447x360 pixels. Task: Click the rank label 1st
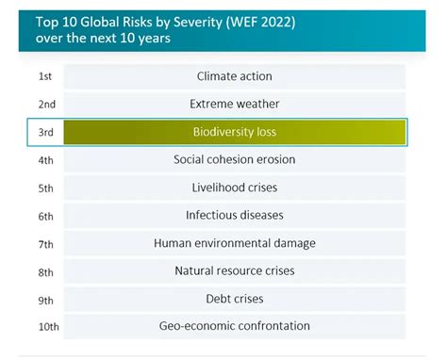[x=45, y=76]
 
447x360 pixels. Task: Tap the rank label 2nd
[x=46, y=105]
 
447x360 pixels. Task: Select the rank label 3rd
[x=45, y=133]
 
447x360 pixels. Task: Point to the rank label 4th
[x=45, y=160]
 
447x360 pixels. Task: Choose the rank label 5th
[x=45, y=188]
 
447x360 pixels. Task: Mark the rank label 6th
[x=45, y=216]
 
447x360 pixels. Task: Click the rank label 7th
[x=45, y=243]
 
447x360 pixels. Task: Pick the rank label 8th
[x=45, y=271]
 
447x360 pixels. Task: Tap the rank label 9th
[x=45, y=299]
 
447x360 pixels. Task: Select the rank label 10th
[x=48, y=327]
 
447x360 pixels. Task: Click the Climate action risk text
[x=234, y=76]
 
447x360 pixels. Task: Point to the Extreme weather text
[x=234, y=104]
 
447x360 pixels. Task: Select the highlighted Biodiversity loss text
[x=234, y=132]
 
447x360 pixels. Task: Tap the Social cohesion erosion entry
[x=234, y=159]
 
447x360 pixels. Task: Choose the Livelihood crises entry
[x=234, y=188]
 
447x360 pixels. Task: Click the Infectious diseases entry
[x=234, y=215]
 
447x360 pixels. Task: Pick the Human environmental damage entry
[x=234, y=243]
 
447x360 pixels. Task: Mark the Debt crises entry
[x=234, y=299]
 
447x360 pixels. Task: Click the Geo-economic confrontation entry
[x=234, y=326]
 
